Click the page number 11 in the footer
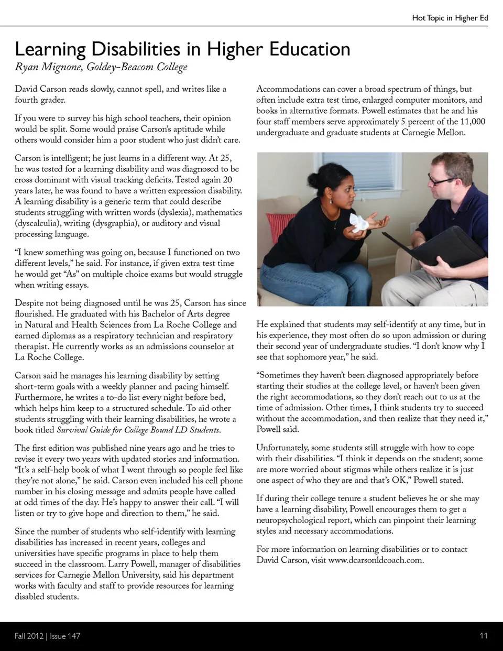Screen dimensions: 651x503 483,636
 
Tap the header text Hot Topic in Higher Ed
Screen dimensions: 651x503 450,18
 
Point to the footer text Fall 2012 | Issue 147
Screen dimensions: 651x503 47,636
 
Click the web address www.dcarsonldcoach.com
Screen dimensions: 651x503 375,560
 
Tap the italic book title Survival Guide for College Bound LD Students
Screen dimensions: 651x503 138,430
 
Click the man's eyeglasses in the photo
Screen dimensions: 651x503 441,180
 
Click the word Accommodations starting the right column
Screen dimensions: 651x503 288,89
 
